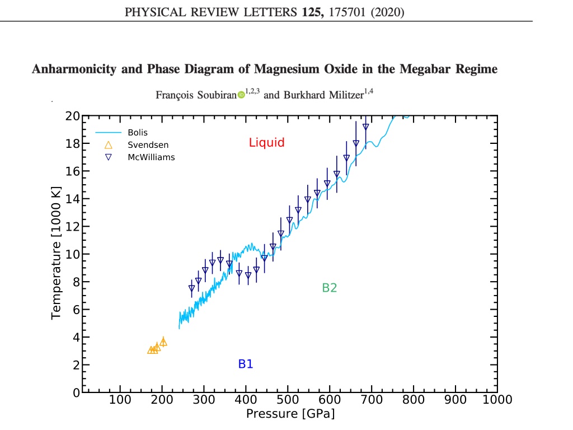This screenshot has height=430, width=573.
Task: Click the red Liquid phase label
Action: tap(266, 143)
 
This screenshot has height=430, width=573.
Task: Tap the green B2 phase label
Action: tap(329, 288)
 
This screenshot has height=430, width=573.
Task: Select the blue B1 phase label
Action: tap(246, 364)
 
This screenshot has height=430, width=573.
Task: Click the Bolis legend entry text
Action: tap(138, 132)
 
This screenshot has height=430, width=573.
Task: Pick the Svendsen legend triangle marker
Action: tap(108, 145)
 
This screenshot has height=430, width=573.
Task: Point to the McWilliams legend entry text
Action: tap(151, 157)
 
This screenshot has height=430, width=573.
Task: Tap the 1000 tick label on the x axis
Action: tap(497, 399)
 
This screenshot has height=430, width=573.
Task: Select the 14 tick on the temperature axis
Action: tap(72, 199)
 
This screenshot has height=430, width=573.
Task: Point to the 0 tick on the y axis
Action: tap(76, 392)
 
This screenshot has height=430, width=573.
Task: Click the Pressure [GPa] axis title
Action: tap(290, 414)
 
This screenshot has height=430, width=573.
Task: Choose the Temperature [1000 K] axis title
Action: tap(56, 253)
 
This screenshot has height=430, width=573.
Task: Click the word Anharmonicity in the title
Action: tap(74, 69)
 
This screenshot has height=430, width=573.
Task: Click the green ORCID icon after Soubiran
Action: tap(241, 95)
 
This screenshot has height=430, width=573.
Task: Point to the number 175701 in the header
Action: tap(347, 12)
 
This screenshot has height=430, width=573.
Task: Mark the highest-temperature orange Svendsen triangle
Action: tap(163, 342)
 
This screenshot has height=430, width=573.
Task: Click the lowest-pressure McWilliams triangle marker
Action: tap(191, 288)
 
